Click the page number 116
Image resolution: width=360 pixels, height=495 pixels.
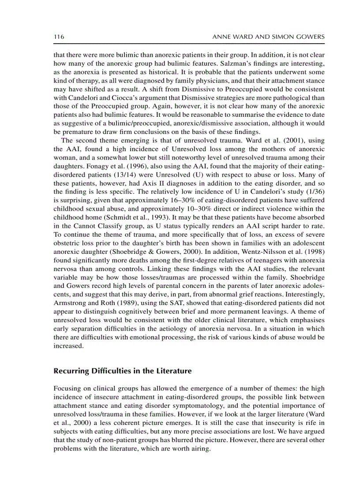click(59, 37)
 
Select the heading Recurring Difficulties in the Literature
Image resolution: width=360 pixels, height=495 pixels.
click(123, 371)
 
